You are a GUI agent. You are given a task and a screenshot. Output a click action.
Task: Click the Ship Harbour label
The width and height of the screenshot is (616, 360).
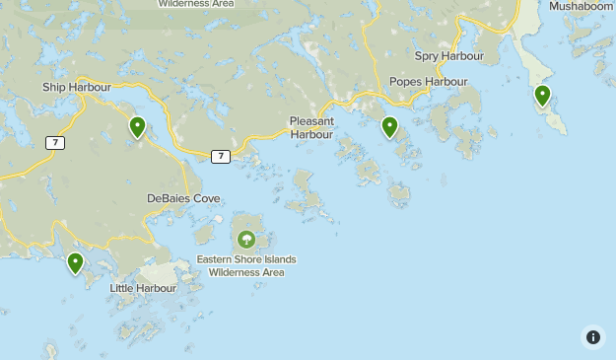77,87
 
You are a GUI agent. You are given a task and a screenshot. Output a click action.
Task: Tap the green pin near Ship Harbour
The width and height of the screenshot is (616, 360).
138,127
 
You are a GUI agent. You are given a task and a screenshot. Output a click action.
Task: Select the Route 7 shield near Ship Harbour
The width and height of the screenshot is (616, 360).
55,143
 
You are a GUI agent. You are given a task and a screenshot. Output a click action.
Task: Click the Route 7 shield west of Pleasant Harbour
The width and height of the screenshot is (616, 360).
221,156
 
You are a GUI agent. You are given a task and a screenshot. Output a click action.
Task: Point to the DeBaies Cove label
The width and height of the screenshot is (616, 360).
183,198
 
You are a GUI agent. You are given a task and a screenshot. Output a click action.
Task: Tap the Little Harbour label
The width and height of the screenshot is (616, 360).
143,288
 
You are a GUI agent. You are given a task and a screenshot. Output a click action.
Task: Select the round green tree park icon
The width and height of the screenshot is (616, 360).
245,239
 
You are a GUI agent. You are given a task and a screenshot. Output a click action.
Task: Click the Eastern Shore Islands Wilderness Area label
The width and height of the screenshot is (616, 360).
245,265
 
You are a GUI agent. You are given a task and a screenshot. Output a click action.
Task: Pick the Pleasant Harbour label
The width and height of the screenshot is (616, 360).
311,127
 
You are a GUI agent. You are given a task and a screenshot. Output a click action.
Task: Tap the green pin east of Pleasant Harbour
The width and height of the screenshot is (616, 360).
390,127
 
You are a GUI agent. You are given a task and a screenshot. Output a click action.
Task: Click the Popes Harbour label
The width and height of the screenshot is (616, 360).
428,82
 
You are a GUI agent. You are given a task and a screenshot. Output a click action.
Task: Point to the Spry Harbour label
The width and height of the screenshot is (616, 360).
448,56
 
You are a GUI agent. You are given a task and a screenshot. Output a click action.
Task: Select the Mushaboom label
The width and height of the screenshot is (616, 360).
582,6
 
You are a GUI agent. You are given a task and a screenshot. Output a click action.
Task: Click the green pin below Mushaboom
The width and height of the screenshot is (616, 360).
542,96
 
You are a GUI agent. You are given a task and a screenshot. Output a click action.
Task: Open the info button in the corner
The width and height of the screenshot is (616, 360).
592,336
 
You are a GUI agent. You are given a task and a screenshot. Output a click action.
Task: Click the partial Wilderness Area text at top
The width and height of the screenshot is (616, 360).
196,4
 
